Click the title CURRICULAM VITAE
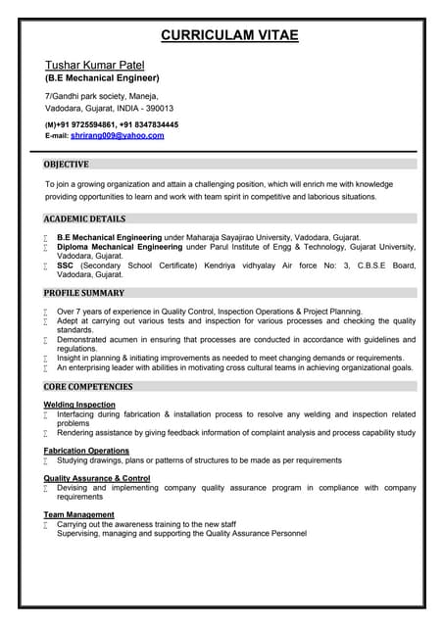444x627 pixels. (229, 36)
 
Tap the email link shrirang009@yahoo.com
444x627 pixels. (117, 135)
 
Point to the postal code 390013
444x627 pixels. (157, 108)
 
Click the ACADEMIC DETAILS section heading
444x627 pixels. (84, 218)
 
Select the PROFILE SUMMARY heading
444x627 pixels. (84, 292)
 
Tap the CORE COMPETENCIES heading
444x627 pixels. (89, 386)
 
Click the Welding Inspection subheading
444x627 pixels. (79, 405)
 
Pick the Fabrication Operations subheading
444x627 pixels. (86, 450)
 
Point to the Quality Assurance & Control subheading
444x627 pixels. (97, 478)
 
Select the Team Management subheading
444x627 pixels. (79, 514)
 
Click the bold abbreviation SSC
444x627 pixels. (66, 265)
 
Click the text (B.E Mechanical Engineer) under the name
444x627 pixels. (102, 77)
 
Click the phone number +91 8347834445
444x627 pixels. (151, 125)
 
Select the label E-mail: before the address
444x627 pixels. (56, 136)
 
